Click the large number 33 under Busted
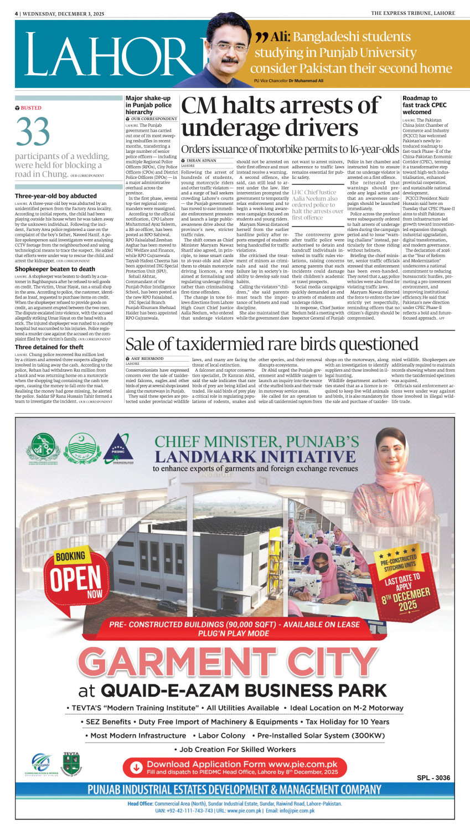[x=33, y=132]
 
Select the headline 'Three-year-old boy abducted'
[x=56, y=196]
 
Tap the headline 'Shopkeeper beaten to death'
[x=55, y=269]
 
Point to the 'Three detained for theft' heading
[x=49, y=347]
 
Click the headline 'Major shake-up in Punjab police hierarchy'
[x=148, y=105]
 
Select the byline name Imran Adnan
[x=202, y=161]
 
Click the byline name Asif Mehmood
[x=147, y=359]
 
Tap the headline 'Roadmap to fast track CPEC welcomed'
[x=425, y=105]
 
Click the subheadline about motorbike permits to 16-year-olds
[x=290, y=149]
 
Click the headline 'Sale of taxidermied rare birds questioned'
[x=272, y=344]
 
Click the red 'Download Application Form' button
[x=235, y=768]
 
